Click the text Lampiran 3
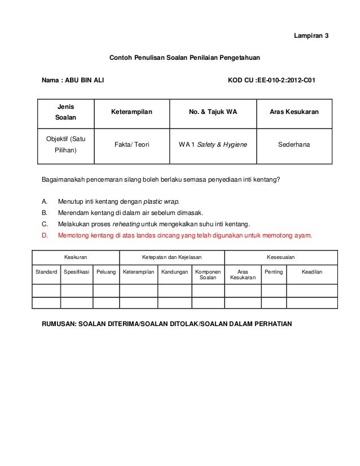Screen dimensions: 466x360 pos(311,36)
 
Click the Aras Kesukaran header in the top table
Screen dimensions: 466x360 pos(295,112)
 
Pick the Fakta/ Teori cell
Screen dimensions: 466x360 pos(131,144)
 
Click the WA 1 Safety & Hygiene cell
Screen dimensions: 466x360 pos(213,144)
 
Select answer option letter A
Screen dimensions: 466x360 pos(45,201)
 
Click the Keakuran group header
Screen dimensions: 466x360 pos(75,257)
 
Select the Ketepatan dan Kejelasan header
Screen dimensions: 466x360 pos(172,257)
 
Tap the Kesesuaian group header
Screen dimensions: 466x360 pos(280,257)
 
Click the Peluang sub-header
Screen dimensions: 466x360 pos(106,272)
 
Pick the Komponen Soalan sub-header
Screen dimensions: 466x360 pos(208,275)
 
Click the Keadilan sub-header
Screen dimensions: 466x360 pos(312,272)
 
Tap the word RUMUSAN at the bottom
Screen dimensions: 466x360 pos(59,324)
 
